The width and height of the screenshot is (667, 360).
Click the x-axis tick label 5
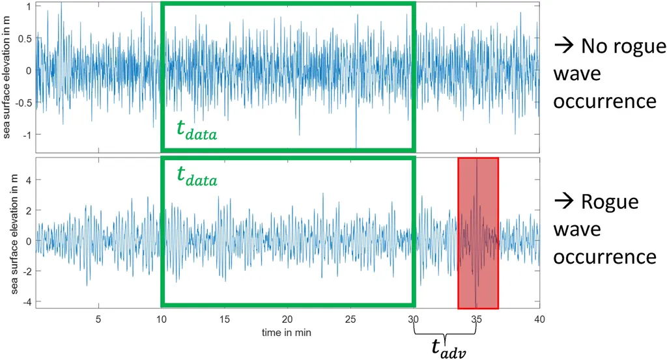click(x=98, y=320)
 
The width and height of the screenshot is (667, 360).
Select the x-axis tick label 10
click(x=162, y=320)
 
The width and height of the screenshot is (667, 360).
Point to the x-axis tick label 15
click(x=225, y=320)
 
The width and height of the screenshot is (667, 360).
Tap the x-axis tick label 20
click(x=287, y=320)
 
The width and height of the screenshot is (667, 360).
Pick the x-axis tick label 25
click(x=350, y=320)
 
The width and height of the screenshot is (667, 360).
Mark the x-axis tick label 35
click(x=477, y=320)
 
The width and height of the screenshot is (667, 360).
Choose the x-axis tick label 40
click(x=539, y=320)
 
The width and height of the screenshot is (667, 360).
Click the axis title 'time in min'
click(x=287, y=332)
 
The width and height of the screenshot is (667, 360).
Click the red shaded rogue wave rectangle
click(x=478, y=232)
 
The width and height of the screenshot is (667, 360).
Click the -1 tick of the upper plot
click(x=27, y=134)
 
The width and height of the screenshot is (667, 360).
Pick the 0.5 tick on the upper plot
click(x=25, y=38)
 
